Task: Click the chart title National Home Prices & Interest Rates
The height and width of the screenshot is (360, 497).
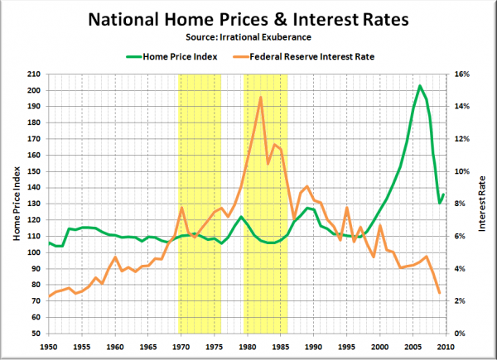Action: (248, 18)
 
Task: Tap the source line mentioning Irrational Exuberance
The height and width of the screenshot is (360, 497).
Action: (248, 37)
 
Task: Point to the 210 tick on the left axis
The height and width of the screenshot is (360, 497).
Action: (31, 74)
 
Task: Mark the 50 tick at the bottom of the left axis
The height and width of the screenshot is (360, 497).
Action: (34, 334)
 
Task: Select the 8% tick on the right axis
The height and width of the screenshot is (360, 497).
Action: (462, 204)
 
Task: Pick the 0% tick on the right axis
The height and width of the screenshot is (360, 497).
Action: (462, 334)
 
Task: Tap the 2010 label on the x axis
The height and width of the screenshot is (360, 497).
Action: (446, 346)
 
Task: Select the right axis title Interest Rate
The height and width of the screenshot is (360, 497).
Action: (483, 204)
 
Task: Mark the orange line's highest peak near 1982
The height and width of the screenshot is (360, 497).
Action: (261, 98)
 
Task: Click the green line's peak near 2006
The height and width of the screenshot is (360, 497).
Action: (420, 85)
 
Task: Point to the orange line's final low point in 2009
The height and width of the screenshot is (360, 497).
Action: (439, 292)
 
